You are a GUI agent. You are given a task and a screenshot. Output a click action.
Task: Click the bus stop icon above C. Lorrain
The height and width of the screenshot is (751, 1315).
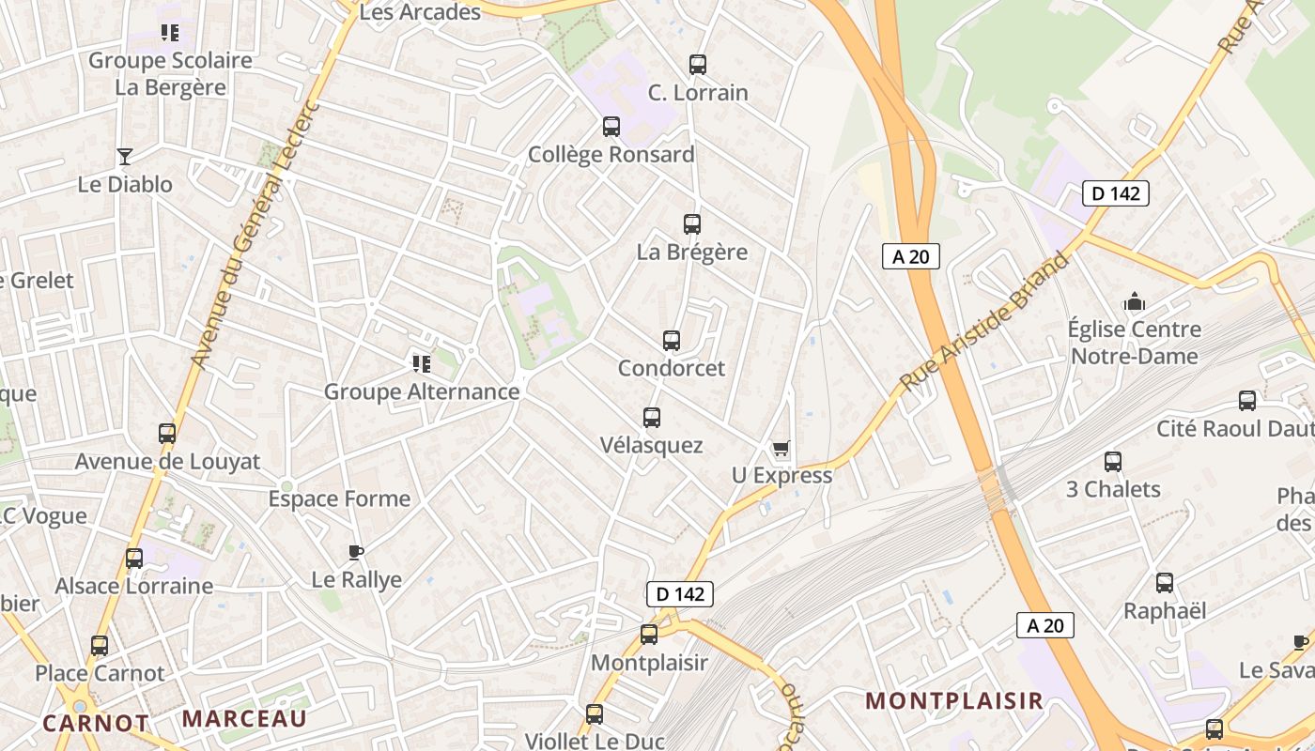pyautogui.click(x=697, y=65)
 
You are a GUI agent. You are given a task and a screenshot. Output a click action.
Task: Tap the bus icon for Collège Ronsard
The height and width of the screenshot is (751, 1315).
pyautogui.click(x=611, y=127)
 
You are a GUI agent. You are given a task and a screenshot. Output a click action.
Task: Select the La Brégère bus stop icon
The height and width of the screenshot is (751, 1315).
pyautogui.click(x=692, y=224)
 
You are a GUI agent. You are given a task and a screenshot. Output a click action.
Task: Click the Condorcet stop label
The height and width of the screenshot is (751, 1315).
pyautogui.click(x=671, y=368)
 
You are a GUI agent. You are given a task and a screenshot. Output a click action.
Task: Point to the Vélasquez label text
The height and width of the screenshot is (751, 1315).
pyautogui.click(x=651, y=445)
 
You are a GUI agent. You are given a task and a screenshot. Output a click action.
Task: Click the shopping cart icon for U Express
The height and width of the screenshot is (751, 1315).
pyautogui.click(x=781, y=449)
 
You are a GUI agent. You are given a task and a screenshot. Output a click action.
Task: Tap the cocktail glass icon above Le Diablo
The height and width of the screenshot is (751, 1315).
pyautogui.click(x=124, y=156)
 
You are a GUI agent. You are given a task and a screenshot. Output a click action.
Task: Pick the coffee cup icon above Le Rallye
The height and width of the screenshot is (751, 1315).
pyautogui.click(x=355, y=552)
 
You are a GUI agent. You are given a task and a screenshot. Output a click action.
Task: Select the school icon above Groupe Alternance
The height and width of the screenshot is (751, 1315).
pyautogui.click(x=421, y=363)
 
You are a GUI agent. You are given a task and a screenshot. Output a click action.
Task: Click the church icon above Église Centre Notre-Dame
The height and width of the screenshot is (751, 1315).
pyautogui.click(x=1135, y=302)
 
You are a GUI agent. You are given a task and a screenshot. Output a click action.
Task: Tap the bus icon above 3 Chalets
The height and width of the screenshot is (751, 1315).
pyautogui.click(x=1113, y=462)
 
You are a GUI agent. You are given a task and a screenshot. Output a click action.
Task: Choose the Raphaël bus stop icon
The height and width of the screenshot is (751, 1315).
pyautogui.click(x=1165, y=583)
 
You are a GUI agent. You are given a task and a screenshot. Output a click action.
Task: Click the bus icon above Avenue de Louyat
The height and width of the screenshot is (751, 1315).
pyautogui.click(x=167, y=434)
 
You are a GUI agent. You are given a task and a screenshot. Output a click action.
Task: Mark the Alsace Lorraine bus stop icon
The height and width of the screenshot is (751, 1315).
pyautogui.click(x=134, y=559)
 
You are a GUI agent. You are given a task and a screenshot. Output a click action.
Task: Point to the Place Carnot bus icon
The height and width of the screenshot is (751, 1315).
pyautogui.click(x=100, y=646)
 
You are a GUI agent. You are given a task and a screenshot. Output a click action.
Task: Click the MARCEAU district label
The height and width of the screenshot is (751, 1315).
pyautogui.click(x=244, y=719)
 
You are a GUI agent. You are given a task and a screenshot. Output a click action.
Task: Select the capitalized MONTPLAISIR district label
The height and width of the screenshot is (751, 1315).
pyautogui.click(x=953, y=700)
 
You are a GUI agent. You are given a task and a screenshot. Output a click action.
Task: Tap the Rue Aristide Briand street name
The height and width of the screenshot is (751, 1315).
pyautogui.click(x=985, y=321)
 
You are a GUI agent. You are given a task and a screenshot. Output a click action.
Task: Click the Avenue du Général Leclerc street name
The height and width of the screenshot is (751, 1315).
pyautogui.click(x=255, y=233)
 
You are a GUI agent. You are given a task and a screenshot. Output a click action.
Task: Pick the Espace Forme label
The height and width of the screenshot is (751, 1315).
pyautogui.click(x=339, y=498)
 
